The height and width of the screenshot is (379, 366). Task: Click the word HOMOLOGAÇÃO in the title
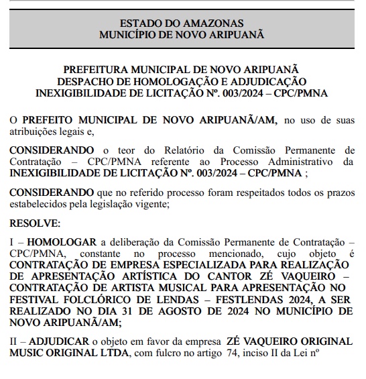(194, 81)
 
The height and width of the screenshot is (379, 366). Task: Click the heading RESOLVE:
(35, 222)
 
